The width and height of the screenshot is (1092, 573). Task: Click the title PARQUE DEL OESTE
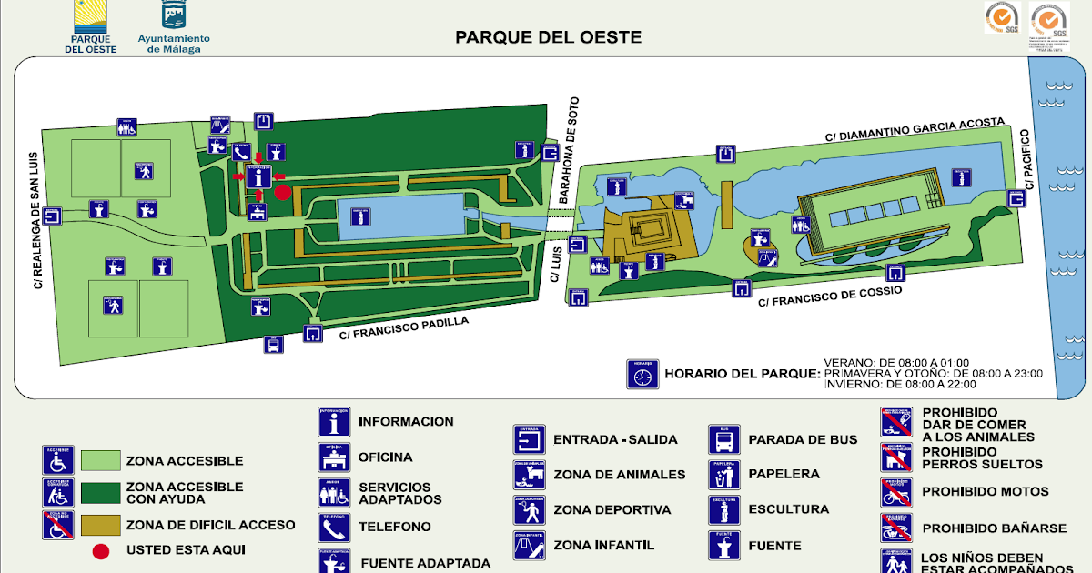click(x=548, y=37)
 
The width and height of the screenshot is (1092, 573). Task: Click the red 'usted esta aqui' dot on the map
click(x=283, y=192)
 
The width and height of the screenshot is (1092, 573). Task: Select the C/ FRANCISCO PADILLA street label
click(x=404, y=327)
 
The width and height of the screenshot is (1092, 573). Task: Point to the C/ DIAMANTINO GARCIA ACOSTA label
click(x=915, y=129)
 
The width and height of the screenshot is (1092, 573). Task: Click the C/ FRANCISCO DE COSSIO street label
click(x=830, y=297)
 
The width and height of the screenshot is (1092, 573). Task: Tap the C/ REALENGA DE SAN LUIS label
click(x=37, y=219)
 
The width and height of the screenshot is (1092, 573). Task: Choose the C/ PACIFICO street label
click(x=1029, y=160)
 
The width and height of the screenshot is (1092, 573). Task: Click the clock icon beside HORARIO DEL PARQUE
click(x=642, y=374)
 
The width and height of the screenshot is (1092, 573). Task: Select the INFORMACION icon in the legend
click(x=334, y=422)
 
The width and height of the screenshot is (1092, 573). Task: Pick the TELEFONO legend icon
click(x=334, y=527)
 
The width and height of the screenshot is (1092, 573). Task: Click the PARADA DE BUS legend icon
click(x=724, y=440)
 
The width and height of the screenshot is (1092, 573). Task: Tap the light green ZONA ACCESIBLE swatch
click(x=100, y=461)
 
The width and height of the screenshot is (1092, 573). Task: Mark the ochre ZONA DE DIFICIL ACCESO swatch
click(x=100, y=525)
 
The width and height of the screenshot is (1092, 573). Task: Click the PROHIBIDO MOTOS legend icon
click(x=895, y=492)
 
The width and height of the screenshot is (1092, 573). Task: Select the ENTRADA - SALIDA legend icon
click(x=529, y=440)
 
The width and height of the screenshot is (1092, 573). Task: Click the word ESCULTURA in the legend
click(x=788, y=509)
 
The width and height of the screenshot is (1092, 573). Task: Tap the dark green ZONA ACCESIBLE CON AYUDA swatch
click(x=100, y=493)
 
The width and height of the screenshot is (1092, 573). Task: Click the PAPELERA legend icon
click(x=724, y=474)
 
